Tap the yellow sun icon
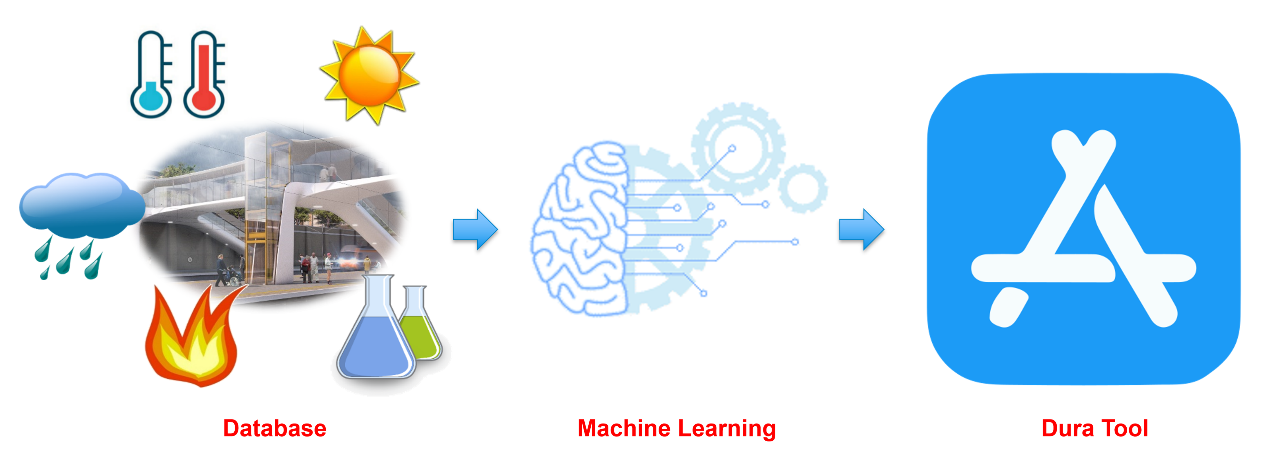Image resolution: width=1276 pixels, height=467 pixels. [369, 74]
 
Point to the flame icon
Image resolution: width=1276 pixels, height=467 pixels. [193, 337]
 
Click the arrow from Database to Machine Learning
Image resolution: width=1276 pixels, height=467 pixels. [474, 229]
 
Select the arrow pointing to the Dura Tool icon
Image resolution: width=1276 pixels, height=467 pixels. [861, 229]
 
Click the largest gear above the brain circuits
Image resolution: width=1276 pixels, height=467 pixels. [738, 149]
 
